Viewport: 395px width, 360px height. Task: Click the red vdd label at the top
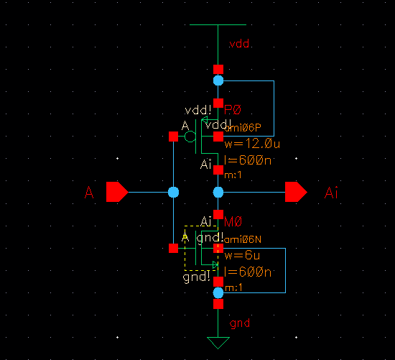pos(239,45)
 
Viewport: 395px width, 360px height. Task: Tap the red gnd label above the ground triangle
pos(239,323)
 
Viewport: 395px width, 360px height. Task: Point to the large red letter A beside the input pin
pos(89,193)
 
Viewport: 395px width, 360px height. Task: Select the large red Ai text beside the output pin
pos(331,193)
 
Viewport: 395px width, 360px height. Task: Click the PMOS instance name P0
pos(233,110)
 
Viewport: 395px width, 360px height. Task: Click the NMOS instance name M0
pos(233,222)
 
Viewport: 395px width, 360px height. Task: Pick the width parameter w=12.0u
pos(251,144)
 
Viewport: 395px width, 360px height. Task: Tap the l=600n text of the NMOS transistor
pos(248,272)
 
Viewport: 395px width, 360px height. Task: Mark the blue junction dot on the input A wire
pos(173,192)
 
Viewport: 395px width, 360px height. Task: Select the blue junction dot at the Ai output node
pos(218,192)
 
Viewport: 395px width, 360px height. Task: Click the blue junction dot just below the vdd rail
pos(218,81)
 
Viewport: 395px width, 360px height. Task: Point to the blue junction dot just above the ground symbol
pos(218,292)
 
